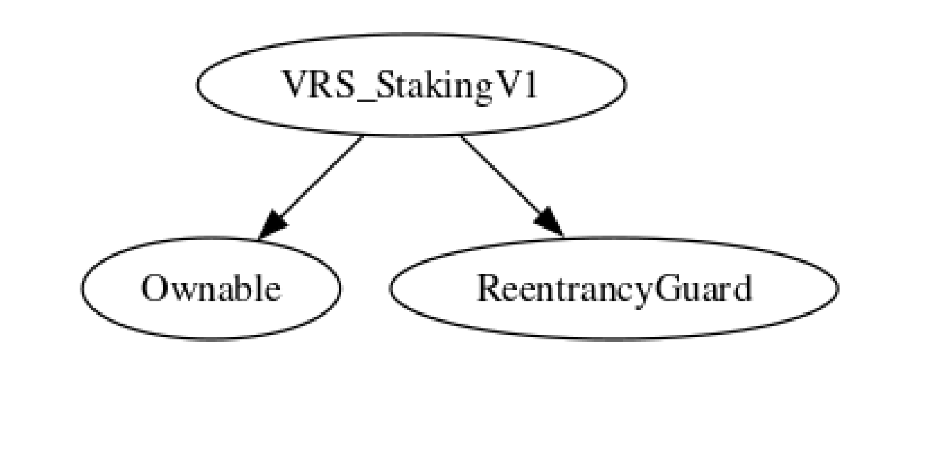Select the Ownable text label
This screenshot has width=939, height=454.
[x=211, y=288]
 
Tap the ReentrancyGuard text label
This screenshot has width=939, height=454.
[x=614, y=288]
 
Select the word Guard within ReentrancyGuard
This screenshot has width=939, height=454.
[x=702, y=288]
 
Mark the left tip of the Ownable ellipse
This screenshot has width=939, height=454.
[x=82, y=288]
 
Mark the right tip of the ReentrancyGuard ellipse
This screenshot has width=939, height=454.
[x=837, y=288]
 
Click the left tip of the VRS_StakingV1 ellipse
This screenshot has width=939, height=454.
[x=197, y=85]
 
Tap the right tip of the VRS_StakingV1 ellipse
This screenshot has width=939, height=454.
[x=625, y=85]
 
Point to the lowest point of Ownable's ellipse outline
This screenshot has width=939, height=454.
[x=211, y=339]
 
